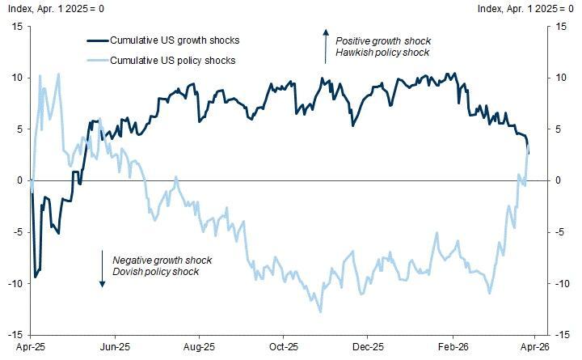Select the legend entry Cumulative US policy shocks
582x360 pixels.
(x=162, y=60)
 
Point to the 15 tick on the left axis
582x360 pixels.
(x=15, y=27)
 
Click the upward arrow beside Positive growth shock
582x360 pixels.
(x=325, y=46)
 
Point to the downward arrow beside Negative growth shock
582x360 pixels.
(x=103, y=269)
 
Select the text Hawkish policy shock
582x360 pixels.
(x=384, y=53)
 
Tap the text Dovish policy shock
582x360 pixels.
(x=156, y=272)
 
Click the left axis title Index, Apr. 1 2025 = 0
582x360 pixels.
(x=57, y=9)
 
